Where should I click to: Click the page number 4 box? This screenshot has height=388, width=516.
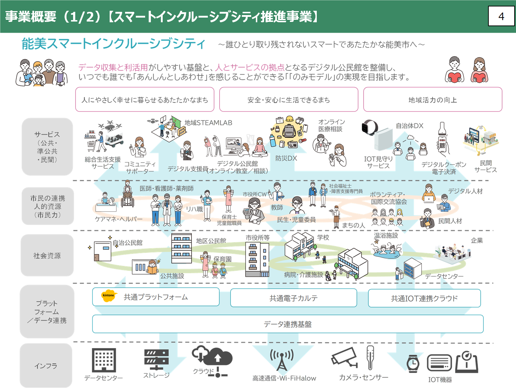[501, 16]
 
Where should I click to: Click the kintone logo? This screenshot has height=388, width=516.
[108, 296]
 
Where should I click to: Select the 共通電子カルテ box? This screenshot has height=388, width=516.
[293, 298]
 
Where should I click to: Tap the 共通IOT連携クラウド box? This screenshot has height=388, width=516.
[424, 298]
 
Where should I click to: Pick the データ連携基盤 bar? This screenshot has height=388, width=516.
[288, 324]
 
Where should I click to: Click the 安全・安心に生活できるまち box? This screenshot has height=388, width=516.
[288, 100]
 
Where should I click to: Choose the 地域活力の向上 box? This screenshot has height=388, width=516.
[433, 100]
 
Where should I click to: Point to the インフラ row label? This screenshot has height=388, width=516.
[46, 366]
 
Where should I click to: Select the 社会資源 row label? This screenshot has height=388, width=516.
[47, 256]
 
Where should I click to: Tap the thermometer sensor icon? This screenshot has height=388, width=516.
[370, 357]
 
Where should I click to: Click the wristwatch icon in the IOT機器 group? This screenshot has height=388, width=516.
[413, 363]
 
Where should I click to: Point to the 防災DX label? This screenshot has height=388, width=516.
[286, 158]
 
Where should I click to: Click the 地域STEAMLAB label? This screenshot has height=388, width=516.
[208, 123]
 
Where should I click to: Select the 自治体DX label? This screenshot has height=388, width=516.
[410, 126]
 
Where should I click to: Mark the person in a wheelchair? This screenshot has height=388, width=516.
[128, 197]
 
